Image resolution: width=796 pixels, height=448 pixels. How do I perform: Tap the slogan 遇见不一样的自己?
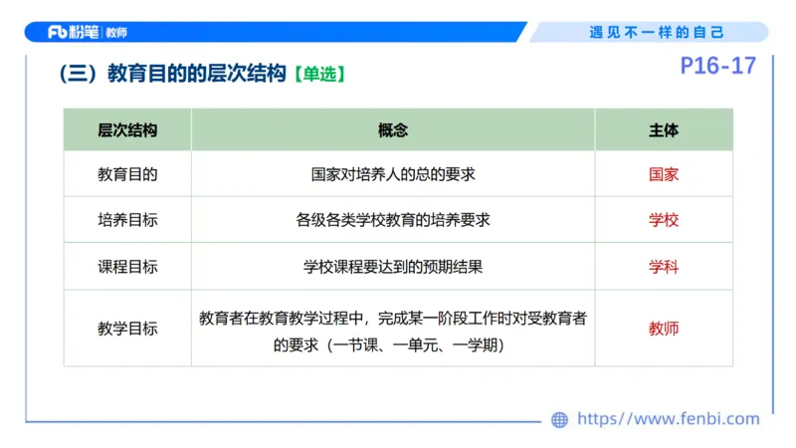[657, 32]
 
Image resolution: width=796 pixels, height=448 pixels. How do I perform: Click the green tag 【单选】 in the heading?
[319, 75]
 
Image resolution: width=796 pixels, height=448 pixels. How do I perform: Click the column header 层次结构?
[127, 130]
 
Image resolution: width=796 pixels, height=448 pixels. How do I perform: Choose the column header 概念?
[393, 130]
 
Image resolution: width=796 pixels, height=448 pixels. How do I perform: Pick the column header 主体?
[664, 130]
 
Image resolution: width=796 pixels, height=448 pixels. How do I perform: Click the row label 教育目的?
[127, 174]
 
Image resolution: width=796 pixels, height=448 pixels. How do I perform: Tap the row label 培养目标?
[127, 220]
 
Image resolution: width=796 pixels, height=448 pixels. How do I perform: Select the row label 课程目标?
[127, 267]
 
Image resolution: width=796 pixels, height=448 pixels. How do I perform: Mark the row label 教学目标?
[127, 329]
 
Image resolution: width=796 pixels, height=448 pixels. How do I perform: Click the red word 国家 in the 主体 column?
[664, 174]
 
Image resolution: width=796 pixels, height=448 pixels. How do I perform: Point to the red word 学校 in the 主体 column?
[664, 220]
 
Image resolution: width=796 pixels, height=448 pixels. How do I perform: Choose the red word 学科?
[664, 267]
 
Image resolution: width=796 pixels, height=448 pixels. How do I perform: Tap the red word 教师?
[664, 329]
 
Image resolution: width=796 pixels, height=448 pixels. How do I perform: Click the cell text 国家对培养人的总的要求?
[393, 174]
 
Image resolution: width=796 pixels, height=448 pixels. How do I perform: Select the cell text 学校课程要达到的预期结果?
[393, 267]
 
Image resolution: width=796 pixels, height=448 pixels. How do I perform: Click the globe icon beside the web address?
[560, 420]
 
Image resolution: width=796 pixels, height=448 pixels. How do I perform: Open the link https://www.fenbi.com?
[668, 419]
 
